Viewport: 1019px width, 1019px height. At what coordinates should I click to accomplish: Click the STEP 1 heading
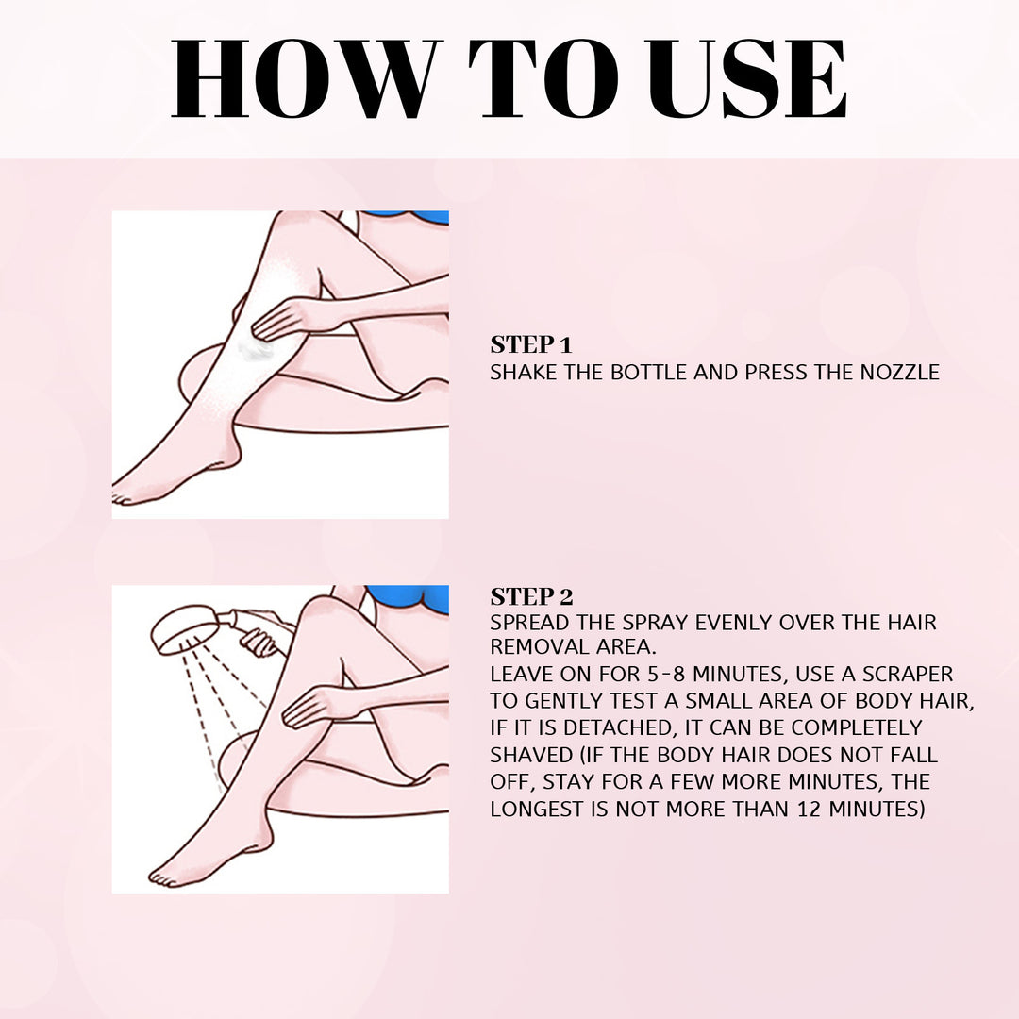point(531,344)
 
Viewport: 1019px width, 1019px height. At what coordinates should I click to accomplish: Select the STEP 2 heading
point(531,596)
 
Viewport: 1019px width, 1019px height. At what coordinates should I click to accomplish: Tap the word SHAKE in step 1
point(522,373)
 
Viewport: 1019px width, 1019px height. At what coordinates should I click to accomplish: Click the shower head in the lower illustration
point(185,630)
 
